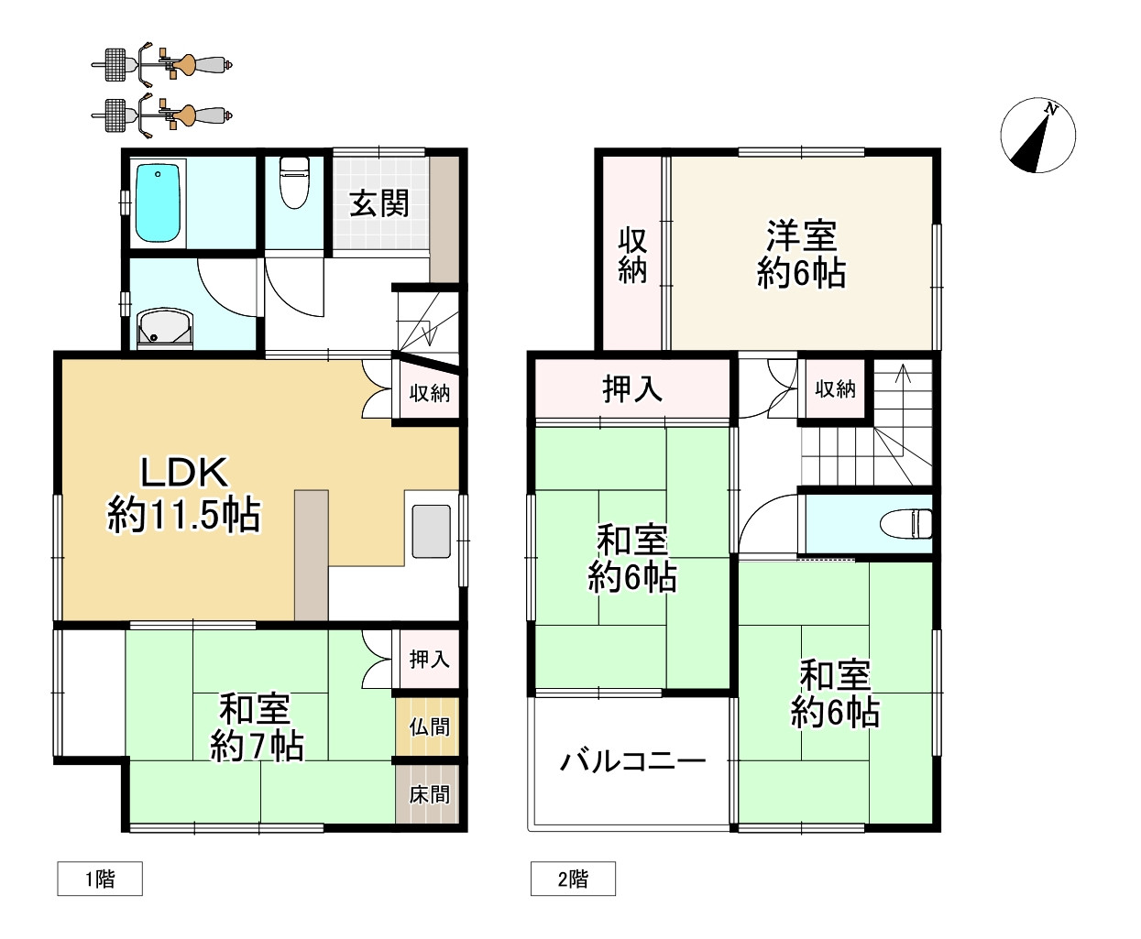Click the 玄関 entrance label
tap(379, 202)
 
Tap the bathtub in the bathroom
tap(159, 203)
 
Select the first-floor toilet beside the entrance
tap(294, 181)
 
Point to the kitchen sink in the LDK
tap(431, 531)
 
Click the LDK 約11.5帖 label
tap(184, 495)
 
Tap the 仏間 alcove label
tap(429, 726)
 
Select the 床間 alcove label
tap(429, 793)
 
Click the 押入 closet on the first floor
tap(429, 659)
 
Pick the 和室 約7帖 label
tap(256, 727)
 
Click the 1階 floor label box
tap(100, 879)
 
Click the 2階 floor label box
tap(573, 879)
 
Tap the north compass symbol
tap(1037, 136)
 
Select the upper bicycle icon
tap(162, 63)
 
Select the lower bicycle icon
tap(162, 114)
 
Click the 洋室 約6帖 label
tap(801, 254)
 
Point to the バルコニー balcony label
tap(632, 760)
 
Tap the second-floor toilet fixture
tap(906, 524)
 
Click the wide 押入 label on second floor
tap(632, 389)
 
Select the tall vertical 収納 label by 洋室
tap(632, 255)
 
